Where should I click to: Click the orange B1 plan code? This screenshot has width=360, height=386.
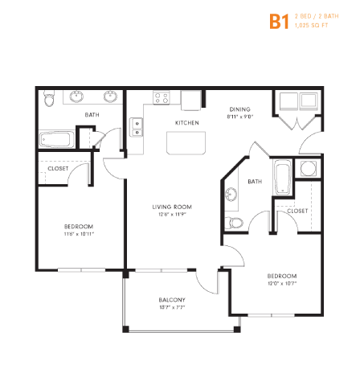tap(278, 21)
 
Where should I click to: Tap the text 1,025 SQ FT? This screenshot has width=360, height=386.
tap(312, 27)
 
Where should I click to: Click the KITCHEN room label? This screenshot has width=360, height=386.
tap(187, 123)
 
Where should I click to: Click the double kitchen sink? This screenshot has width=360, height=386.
tap(137, 127)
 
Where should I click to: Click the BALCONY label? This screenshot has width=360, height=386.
tap(172, 300)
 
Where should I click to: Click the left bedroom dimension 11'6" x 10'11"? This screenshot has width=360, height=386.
tap(80, 235)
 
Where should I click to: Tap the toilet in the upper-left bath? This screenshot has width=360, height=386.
tap(49, 100)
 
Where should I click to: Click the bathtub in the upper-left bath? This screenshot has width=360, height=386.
tap(57, 138)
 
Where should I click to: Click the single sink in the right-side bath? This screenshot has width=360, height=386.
tap(231, 194)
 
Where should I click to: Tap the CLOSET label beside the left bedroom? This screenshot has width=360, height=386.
tap(58, 170)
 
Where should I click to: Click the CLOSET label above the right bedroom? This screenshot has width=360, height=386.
tap(297, 211)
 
